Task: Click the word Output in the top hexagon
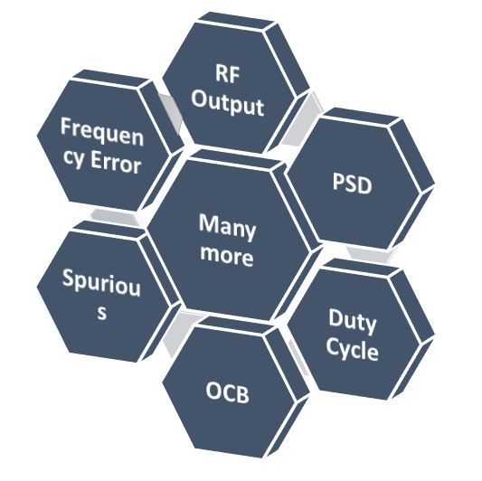(x=228, y=106)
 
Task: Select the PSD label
(x=353, y=183)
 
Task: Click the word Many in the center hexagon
(x=227, y=227)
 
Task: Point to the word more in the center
(x=227, y=256)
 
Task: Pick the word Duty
(x=353, y=321)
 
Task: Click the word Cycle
(x=353, y=350)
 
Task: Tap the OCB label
(x=228, y=392)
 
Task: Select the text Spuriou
(x=101, y=283)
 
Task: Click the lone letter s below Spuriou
(x=102, y=312)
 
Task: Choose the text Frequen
(x=102, y=133)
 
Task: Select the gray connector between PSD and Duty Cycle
(x=371, y=254)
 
